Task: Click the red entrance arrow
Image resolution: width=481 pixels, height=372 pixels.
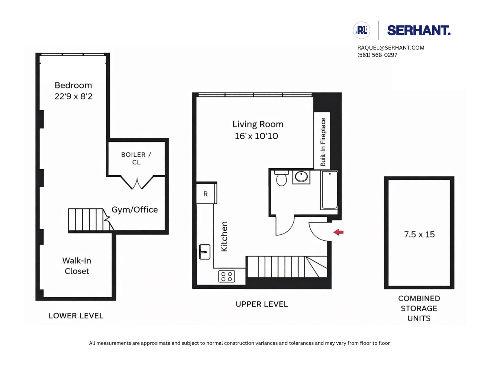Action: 338,232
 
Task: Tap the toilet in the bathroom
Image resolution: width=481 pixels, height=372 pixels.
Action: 281,179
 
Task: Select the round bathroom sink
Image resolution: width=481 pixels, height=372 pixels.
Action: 301,177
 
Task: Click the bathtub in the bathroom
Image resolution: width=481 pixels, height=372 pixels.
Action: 329,190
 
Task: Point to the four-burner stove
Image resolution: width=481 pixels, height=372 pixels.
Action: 226,276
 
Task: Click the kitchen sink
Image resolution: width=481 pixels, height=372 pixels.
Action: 204,252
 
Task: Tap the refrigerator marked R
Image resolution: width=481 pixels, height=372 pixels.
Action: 206,194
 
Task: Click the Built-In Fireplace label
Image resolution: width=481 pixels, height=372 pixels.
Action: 323,142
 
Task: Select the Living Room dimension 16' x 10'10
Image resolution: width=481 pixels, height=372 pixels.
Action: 256,136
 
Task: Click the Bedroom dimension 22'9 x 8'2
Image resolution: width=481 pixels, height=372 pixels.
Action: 73,96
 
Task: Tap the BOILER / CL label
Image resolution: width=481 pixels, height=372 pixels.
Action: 136,158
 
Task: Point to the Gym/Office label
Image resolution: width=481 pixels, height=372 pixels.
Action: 135,210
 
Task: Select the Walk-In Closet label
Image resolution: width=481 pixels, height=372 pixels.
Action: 77,266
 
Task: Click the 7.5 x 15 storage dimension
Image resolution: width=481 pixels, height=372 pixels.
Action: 419,234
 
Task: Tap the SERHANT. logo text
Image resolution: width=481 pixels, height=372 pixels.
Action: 419,31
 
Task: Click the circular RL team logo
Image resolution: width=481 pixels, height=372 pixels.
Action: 361,31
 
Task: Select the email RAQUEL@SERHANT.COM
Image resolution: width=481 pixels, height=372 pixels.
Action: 391,48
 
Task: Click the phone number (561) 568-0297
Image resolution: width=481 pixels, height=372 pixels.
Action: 377,55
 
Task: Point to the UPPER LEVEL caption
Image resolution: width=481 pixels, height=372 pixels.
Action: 262,304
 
